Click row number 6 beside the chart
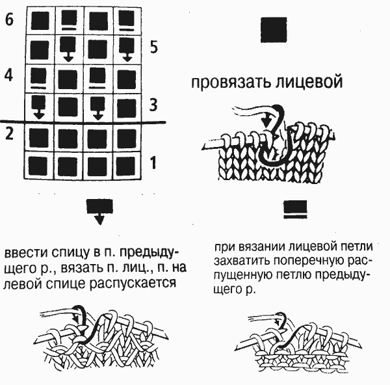pyautogui.click(x=9, y=20)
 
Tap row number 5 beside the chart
pyautogui.click(x=154, y=47)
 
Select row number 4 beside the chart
pyautogui.click(x=8, y=75)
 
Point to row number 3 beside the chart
pyautogui.click(x=153, y=105)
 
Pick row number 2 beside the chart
pyautogui.click(x=9, y=133)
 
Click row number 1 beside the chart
pyautogui.click(x=153, y=163)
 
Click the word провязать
pyautogui.click(x=231, y=83)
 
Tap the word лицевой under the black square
pyautogui.click(x=309, y=81)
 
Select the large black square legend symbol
pyautogui.click(x=274, y=30)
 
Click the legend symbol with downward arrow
pyautogui.click(x=99, y=211)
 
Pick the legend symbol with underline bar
pyautogui.click(x=295, y=209)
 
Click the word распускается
pyautogui.click(x=133, y=284)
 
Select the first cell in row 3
pyautogui.click(x=40, y=108)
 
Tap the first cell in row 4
pyautogui.click(x=40, y=79)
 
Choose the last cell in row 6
pyautogui.click(x=127, y=21)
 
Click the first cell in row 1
pyautogui.click(x=39, y=165)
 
